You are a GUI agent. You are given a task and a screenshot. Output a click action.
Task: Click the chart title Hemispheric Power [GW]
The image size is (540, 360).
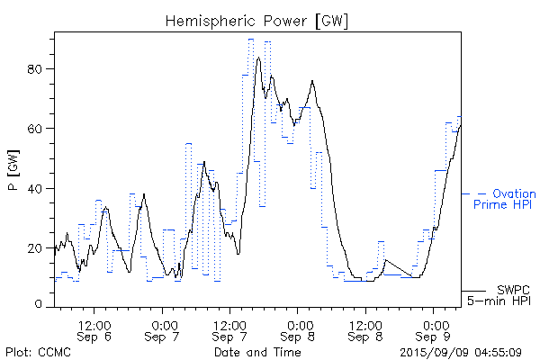256,20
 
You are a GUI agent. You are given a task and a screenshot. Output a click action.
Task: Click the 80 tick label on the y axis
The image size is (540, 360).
39,69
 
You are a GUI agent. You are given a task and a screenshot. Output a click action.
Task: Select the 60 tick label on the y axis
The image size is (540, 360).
39,129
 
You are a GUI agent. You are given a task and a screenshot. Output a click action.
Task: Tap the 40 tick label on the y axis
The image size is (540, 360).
39,188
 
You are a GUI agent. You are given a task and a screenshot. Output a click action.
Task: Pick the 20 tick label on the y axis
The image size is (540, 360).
39,247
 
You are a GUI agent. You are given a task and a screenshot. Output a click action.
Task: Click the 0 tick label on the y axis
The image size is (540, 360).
42,305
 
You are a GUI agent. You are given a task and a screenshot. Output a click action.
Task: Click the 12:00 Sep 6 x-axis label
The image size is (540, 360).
94,328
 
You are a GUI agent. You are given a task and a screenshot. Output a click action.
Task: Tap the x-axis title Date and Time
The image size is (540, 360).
257,351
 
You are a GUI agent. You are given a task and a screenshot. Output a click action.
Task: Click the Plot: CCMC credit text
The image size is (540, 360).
38,351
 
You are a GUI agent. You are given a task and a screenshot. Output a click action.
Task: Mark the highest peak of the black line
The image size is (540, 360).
258,58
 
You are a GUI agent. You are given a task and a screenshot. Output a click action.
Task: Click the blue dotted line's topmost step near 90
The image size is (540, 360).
250,40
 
